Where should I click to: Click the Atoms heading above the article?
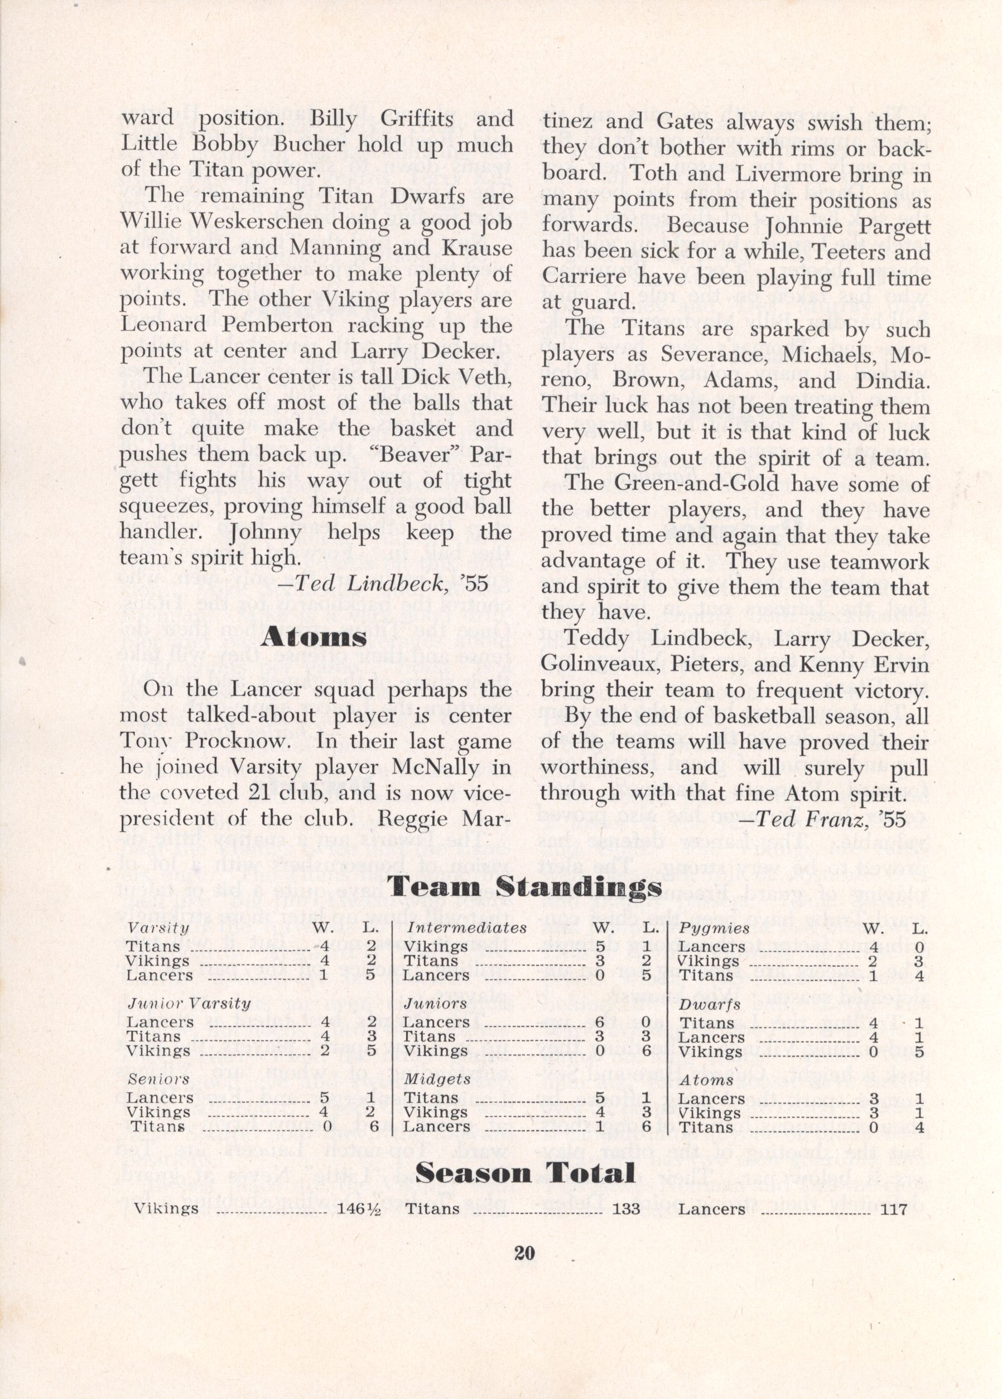click(x=314, y=637)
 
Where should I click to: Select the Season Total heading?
click(x=525, y=1173)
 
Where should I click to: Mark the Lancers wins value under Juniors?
click(x=599, y=1022)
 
